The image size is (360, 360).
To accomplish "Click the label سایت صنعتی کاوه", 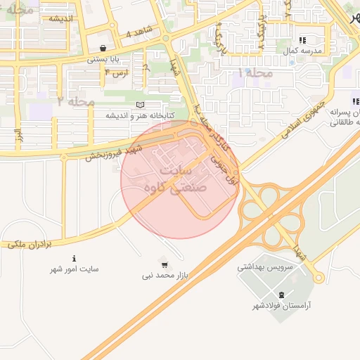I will [179, 180].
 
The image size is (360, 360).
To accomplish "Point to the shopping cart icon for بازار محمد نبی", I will [165, 265].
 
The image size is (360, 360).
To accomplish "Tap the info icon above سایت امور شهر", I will [75, 259].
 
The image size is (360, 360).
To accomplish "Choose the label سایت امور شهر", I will [75, 269].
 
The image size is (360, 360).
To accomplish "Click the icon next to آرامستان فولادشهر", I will [282, 295].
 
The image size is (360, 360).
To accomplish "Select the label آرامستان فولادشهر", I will [285, 306].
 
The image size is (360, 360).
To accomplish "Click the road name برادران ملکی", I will [32, 244].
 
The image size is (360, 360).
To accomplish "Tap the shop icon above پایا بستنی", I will [104, 49].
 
